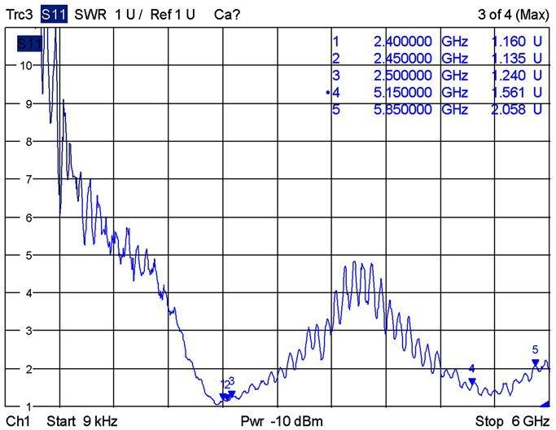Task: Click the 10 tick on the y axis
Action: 26,66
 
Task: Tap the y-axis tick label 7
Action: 28,179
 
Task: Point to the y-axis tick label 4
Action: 28,293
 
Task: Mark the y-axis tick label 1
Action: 28,406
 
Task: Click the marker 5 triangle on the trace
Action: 535,362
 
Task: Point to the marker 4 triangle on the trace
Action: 471,380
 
